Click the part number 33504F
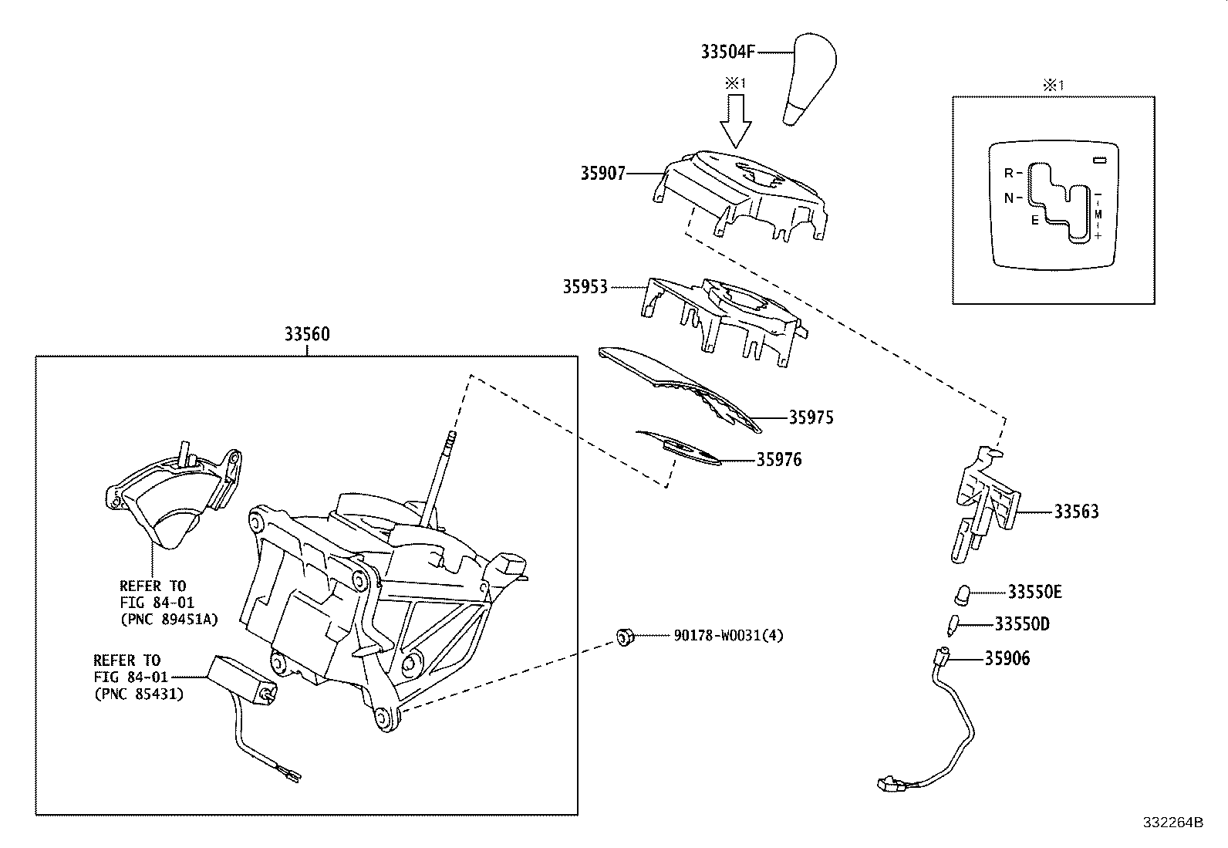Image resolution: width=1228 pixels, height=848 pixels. pyautogui.click(x=727, y=52)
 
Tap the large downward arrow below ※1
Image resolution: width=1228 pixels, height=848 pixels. pyautogui.click(x=737, y=120)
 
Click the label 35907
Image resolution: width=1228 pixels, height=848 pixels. pyautogui.click(x=602, y=174)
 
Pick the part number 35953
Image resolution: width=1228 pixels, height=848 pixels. pyautogui.click(x=585, y=287)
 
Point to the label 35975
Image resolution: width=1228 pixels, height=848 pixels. pyautogui.click(x=811, y=417)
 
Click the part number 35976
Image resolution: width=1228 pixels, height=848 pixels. pyautogui.click(x=778, y=460)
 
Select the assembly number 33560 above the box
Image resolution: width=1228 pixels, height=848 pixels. pyautogui.click(x=306, y=334)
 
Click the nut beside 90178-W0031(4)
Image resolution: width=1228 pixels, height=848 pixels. pyautogui.click(x=625, y=637)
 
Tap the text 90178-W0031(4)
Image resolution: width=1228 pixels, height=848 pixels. pyautogui.click(x=728, y=636)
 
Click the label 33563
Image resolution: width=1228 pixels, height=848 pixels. pyautogui.click(x=1076, y=512)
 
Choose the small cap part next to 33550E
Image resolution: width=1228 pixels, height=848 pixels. pyautogui.click(x=962, y=594)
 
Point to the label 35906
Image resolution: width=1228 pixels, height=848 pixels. pyautogui.click(x=1007, y=658)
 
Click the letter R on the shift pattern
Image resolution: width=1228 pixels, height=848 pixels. pyautogui.click(x=1008, y=173)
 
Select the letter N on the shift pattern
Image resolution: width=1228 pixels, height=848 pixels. pyautogui.click(x=1008, y=198)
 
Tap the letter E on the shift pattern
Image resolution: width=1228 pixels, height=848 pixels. pyautogui.click(x=1035, y=220)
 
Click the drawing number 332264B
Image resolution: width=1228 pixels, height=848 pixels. pyautogui.click(x=1172, y=822)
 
